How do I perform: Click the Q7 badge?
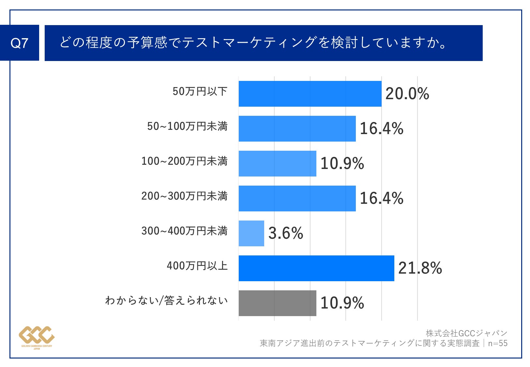click(x=20, y=43)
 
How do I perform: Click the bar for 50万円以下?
click(x=310, y=94)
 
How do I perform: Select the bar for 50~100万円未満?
click(x=297, y=129)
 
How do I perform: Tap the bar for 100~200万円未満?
click(x=277, y=164)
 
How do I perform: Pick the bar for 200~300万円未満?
click(x=297, y=199)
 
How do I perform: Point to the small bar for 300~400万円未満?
click(x=251, y=234)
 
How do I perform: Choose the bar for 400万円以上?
click(x=316, y=268)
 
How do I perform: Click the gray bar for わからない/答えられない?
click(x=277, y=303)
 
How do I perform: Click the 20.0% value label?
click(x=407, y=94)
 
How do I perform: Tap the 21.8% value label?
click(x=420, y=268)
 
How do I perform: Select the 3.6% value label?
click(x=285, y=233)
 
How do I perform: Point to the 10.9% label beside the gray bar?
click(x=342, y=303)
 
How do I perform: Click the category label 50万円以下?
click(x=200, y=91)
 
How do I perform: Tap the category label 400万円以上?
click(x=197, y=266)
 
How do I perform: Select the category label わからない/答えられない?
click(x=166, y=300)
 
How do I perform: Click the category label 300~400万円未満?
click(x=184, y=231)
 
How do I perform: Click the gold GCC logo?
click(x=37, y=336)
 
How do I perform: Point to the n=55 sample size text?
click(x=498, y=343)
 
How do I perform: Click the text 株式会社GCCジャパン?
click(x=466, y=333)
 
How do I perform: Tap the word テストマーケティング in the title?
click(x=250, y=43)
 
